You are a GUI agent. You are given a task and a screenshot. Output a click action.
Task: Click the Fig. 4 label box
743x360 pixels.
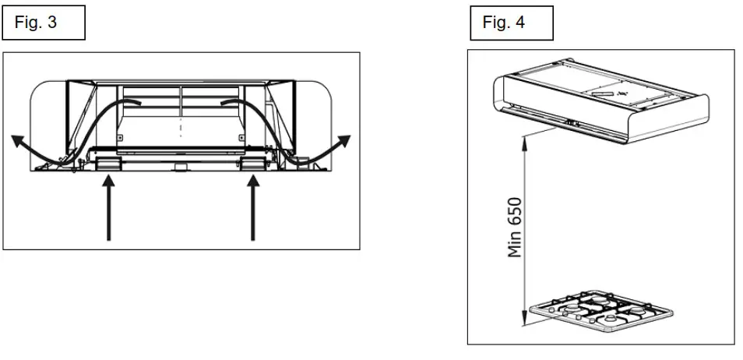click(512, 23)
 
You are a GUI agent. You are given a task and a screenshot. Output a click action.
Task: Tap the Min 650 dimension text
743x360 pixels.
click(514, 227)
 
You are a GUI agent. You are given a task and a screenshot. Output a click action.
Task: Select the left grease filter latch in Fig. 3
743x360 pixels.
click(108, 162)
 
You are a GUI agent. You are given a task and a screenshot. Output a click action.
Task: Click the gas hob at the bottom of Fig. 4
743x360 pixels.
click(600, 312)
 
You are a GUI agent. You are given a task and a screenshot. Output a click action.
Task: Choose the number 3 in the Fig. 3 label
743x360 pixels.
click(52, 23)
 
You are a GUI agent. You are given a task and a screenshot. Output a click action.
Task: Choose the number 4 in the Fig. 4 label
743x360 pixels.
click(520, 23)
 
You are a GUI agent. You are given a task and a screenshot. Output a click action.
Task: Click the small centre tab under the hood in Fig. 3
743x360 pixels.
click(181, 166)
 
